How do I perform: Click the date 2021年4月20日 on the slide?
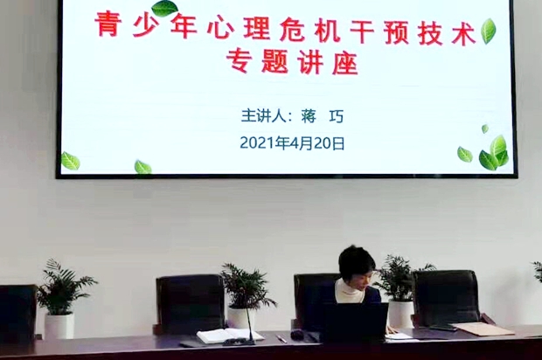tap(292, 142)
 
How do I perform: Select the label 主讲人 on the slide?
tap(264, 116)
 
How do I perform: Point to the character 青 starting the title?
tap(108, 24)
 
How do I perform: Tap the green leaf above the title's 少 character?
tap(165, 8)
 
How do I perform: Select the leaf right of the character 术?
tap(489, 31)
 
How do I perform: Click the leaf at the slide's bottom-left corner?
tap(70, 161)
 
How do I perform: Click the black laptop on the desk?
tap(355, 322)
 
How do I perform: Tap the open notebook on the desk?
tap(225, 336)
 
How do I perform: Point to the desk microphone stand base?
tap(239, 342)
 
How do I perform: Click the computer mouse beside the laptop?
tap(297, 334)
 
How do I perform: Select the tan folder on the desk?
tap(483, 329)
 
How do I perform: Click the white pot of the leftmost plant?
tap(59, 325)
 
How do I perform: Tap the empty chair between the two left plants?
tap(190, 304)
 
